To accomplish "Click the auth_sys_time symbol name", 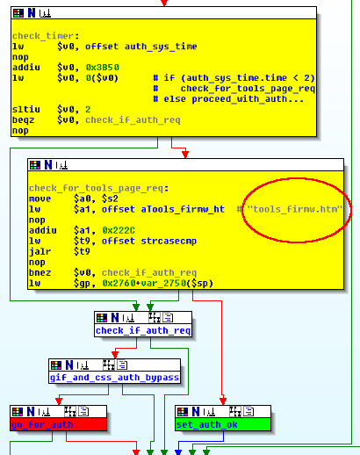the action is pos(161,47).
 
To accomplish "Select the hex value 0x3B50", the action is pos(103,68).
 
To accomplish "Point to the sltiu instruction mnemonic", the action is pos(26,110).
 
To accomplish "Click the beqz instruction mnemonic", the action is pos(23,120).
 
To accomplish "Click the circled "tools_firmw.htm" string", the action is pos(295,209).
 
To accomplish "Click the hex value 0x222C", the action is pos(119,230).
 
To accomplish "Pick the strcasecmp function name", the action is pos(169,241).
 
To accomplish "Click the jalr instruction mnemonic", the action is pos(40,251).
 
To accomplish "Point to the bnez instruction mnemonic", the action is pos(40,272).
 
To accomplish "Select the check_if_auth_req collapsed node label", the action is pos(143,330).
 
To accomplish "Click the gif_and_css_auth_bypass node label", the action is pos(114,378).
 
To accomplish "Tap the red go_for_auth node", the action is pos(58,424).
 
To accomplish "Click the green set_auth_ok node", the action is pos(223,424).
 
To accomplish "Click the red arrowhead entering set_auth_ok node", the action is pos(223,401).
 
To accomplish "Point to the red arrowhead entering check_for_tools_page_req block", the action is pos(185,154).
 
